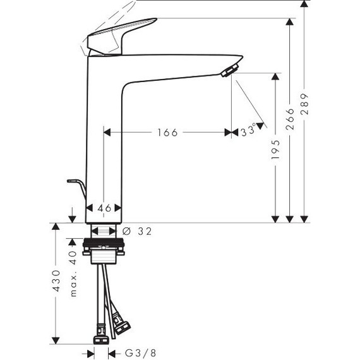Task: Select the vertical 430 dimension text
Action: coord(57,281)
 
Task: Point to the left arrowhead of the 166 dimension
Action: coord(107,133)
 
